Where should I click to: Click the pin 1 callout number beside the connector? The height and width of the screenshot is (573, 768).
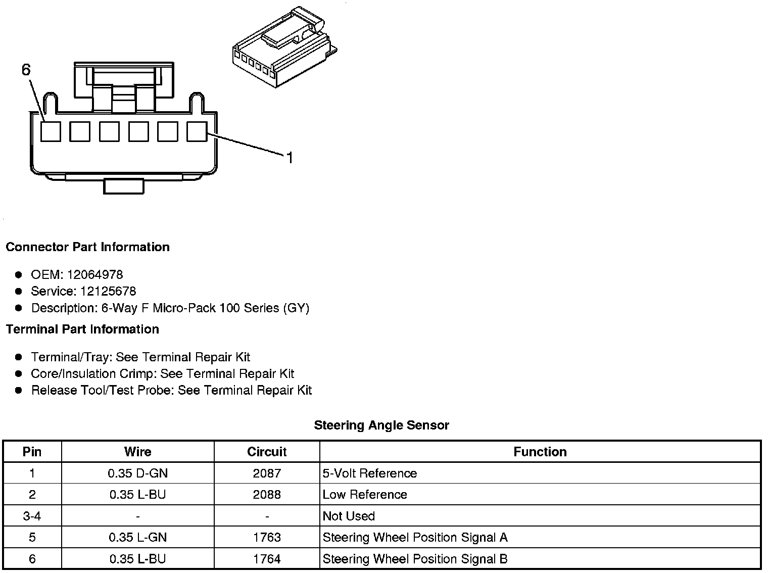coord(290,158)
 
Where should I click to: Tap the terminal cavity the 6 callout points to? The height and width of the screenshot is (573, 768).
coord(51,131)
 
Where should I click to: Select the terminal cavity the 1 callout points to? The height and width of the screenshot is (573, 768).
coord(197,131)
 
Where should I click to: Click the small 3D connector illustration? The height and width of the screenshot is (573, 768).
coord(284,48)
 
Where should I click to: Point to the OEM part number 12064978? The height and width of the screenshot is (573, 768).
coord(95,275)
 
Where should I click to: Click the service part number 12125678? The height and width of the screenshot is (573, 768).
coord(108,292)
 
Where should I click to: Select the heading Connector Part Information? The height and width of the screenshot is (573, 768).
coord(87,247)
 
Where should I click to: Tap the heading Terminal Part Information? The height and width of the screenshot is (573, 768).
coord(82,329)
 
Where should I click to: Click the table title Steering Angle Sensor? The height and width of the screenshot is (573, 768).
coord(381,425)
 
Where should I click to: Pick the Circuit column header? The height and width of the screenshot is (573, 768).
coord(267,452)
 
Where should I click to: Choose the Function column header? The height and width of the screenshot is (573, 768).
coord(540,452)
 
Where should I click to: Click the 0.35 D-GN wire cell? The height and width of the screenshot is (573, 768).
coord(138,473)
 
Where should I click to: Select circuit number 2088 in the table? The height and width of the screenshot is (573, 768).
coord(267,495)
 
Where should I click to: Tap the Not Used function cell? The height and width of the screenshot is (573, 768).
coord(349,516)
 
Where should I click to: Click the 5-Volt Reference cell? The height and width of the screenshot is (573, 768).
coord(370,473)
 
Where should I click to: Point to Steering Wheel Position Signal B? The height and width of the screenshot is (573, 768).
coord(415,559)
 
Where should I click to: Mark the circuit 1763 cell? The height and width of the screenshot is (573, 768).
coord(267,538)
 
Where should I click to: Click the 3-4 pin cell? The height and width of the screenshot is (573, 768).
coord(32,516)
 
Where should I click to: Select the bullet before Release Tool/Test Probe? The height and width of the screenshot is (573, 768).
coord(19,391)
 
